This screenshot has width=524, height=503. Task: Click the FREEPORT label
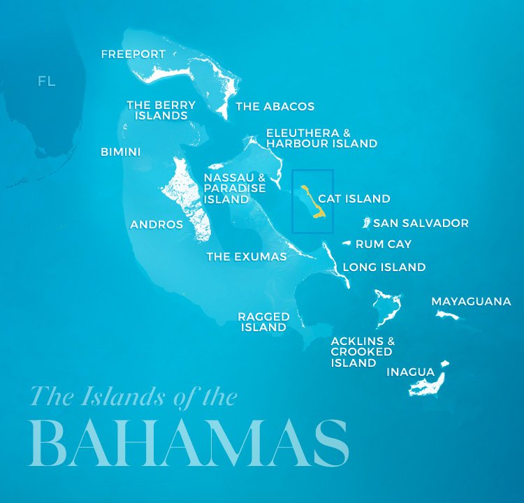(133, 54)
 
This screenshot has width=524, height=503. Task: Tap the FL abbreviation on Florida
(47, 82)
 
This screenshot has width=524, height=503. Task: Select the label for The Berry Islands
(161, 110)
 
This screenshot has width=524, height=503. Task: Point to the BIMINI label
(120, 152)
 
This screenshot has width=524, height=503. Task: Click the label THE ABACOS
(275, 107)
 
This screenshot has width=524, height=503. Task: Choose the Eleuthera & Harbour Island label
(321, 138)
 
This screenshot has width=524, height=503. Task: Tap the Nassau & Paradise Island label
(234, 188)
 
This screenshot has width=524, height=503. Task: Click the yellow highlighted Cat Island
(312, 203)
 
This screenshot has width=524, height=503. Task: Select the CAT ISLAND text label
(354, 199)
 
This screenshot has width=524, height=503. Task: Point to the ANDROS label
(157, 225)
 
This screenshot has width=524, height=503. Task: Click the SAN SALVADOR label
(421, 224)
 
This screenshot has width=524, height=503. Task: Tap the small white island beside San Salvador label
(365, 223)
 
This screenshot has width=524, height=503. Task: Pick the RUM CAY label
(384, 245)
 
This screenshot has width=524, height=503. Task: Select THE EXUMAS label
(246, 256)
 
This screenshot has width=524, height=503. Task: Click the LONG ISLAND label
(384, 267)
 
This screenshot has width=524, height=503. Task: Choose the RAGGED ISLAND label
(263, 321)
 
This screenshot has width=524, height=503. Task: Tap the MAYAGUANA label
(471, 302)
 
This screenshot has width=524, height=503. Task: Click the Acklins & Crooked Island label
(363, 352)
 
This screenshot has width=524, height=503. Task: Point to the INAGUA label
(410, 372)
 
